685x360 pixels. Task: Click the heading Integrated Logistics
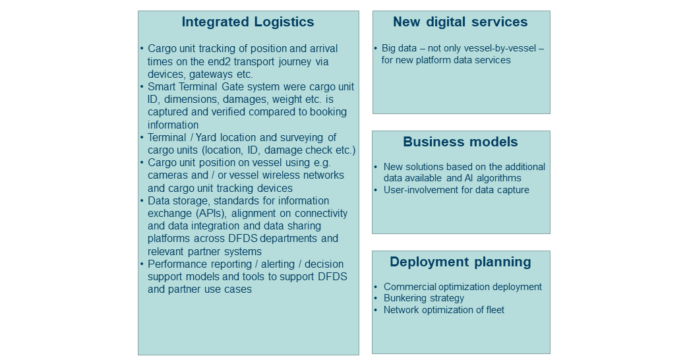click(248, 22)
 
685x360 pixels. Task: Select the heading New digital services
click(460, 22)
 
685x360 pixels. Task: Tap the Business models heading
click(460, 142)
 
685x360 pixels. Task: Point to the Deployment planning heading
click(460, 262)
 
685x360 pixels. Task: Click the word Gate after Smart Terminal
click(251, 87)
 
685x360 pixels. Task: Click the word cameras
click(165, 175)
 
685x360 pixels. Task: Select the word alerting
click(278, 264)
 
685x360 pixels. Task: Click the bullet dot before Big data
click(376, 48)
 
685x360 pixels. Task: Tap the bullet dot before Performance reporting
click(142, 264)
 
